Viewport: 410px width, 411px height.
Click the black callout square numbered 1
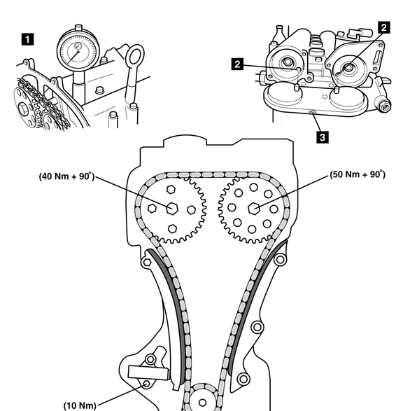tap(27, 39)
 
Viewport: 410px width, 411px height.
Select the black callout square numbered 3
tap(323, 137)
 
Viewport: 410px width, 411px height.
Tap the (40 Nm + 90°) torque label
tap(66, 176)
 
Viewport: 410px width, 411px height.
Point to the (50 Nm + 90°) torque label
tap(358, 174)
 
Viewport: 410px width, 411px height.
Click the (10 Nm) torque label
tap(80, 405)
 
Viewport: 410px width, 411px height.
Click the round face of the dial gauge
tap(78, 50)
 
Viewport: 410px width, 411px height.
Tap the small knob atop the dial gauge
tap(78, 27)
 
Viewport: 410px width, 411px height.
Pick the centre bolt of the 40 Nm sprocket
tap(172, 209)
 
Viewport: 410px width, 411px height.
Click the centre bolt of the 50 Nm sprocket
tap(253, 209)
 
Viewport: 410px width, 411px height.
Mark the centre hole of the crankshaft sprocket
tap(202, 403)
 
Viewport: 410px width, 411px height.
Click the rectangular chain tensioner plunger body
tap(148, 373)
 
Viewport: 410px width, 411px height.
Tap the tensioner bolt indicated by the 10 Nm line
tap(146, 384)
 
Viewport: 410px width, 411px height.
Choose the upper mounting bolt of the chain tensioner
tap(150, 359)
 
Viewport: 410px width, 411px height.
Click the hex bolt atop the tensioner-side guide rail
tap(147, 262)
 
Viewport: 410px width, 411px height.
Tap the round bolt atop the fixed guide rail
tap(280, 260)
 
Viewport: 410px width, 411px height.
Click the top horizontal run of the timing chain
tap(207, 175)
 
